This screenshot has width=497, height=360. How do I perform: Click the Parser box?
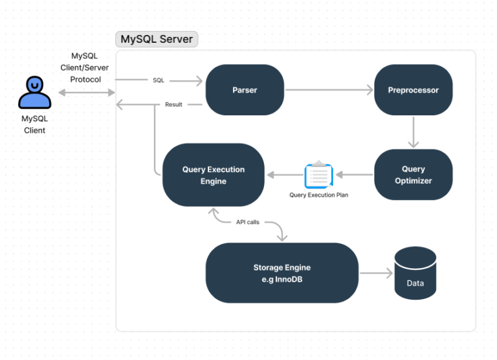pyautogui.click(x=245, y=90)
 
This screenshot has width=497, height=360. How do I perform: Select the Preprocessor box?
pyautogui.click(x=413, y=90)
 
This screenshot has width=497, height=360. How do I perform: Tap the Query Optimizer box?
pyautogui.click(x=413, y=175)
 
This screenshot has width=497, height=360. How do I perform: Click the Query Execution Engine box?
pyautogui.click(x=213, y=175)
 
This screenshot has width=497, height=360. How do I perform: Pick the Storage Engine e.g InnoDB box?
pyautogui.click(x=282, y=273)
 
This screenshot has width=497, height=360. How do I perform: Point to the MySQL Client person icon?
pyautogui.click(x=34, y=93)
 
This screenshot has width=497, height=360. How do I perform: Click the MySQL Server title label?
pyautogui.click(x=157, y=39)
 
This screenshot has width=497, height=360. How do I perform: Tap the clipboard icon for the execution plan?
pyautogui.click(x=318, y=175)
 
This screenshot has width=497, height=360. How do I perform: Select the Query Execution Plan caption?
pyautogui.click(x=318, y=195)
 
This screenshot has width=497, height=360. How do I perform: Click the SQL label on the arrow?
pyautogui.click(x=159, y=81)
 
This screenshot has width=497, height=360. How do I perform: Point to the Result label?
pyautogui.click(x=173, y=104)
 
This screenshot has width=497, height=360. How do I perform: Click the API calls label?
pyautogui.click(x=247, y=222)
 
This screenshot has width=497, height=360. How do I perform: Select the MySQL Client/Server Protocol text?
pyautogui.click(x=85, y=68)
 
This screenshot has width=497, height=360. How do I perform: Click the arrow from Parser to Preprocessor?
pyautogui.click(x=329, y=90)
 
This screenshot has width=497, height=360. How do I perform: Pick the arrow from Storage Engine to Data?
pyautogui.click(x=376, y=273)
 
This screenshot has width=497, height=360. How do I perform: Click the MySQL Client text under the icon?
pyautogui.click(x=34, y=124)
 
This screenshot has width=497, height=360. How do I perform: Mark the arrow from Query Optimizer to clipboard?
pyautogui.click(x=354, y=175)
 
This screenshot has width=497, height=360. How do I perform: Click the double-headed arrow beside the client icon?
pyautogui.click(x=86, y=93)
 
